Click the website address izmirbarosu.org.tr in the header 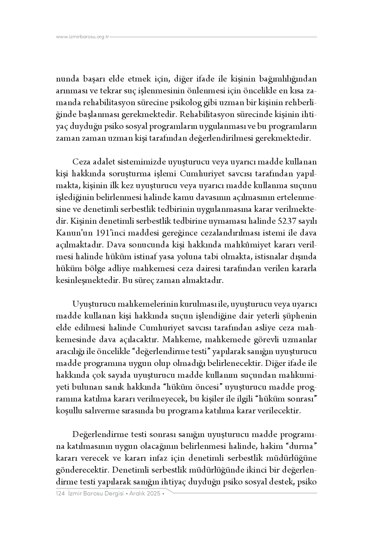[83, 37]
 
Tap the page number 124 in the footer [60, 494]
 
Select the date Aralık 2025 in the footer [145, 494]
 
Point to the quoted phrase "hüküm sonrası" [286, 399]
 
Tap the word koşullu [67, 411]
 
